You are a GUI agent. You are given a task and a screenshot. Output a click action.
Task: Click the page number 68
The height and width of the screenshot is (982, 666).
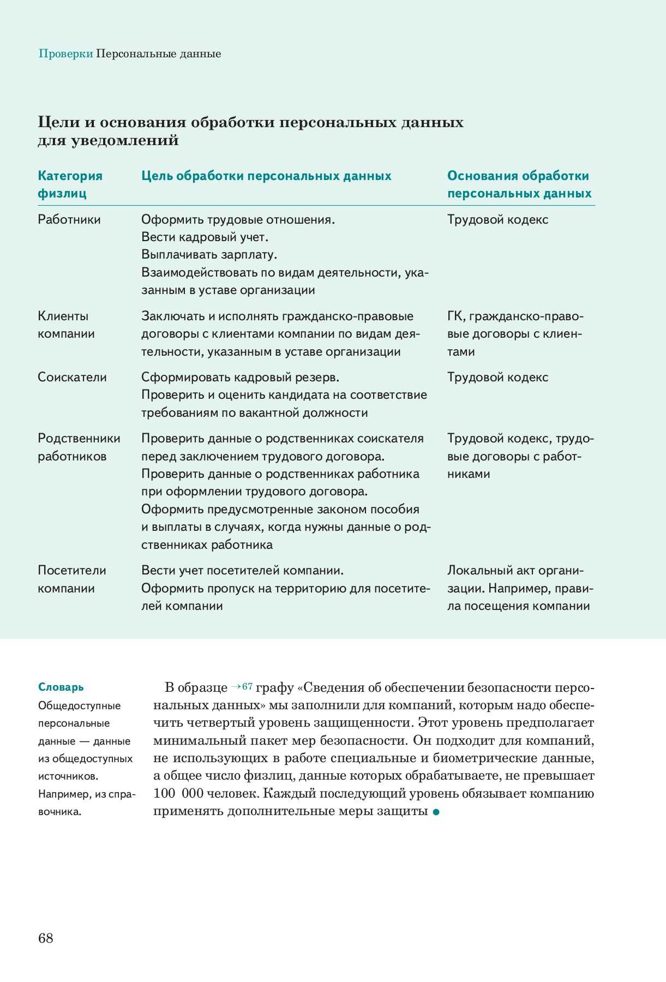coord(46,938)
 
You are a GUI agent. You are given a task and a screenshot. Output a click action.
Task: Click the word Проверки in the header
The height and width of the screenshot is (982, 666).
coord(65,54)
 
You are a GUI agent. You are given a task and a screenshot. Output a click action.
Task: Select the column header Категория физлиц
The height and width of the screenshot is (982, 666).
coord(70,184)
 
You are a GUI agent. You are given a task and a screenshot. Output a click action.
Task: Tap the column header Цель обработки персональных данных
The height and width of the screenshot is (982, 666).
coord(266,176)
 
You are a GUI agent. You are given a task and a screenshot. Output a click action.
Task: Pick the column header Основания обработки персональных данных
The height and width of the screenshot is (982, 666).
coord(519,184)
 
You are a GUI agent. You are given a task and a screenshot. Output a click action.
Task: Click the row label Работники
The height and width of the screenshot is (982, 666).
coord(69,220)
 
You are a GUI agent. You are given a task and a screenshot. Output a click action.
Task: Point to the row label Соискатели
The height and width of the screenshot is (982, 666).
coord(72,378)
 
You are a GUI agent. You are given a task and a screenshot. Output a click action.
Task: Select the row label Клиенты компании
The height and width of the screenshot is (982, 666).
coord(66,325)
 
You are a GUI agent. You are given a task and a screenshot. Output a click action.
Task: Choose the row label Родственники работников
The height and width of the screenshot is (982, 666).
coord(79,447)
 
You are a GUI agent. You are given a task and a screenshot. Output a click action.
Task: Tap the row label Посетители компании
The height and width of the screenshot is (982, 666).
coord(71,579)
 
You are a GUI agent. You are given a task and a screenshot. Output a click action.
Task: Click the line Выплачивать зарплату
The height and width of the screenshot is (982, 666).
coord(209,255)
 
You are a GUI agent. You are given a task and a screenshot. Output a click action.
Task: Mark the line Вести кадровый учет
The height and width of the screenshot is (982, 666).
coord(205,237)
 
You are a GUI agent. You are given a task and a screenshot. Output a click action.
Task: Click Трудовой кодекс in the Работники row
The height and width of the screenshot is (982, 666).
coord(497,220)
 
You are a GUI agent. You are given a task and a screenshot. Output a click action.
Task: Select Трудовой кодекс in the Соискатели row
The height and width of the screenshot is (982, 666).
coord(497,378)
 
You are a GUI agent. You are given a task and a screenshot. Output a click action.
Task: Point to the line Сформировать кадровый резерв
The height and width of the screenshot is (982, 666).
coord(240,378)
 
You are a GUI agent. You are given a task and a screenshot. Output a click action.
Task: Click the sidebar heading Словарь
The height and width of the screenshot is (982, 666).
coord(61,687)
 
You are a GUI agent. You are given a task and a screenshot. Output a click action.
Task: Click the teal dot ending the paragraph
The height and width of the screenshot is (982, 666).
coord(436,812)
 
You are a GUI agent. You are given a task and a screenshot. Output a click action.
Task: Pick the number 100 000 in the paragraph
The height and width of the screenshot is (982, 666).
coord(178,794)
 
